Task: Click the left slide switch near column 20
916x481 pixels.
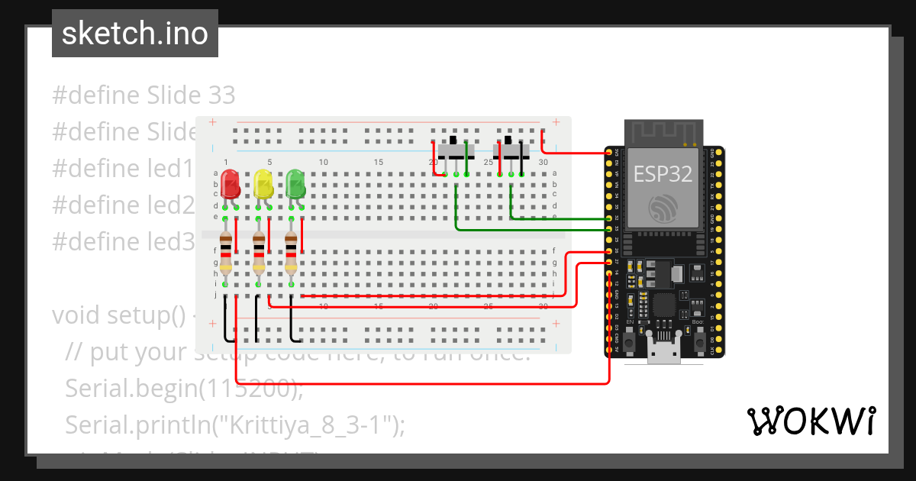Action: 456,150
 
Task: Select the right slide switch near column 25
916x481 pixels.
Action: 511,150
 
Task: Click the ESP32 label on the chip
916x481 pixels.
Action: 663,174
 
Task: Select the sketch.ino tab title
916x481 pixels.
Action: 134,34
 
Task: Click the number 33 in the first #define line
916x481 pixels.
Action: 221,95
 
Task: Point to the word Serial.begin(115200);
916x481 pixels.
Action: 184,389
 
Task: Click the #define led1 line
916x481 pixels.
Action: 122,168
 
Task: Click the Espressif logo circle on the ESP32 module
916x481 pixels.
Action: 662,208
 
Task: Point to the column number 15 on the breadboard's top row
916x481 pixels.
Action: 379,163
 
